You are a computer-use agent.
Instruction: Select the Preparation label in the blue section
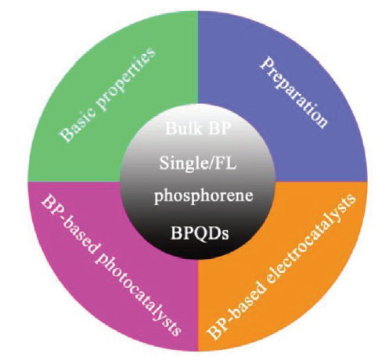294,92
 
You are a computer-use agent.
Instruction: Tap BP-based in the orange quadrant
236,315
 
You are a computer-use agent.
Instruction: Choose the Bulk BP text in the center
198,128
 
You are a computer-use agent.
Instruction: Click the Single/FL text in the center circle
198,163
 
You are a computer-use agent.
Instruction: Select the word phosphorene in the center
204,196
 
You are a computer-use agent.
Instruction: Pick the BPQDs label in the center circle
200,233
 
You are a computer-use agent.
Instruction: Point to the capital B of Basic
65,136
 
